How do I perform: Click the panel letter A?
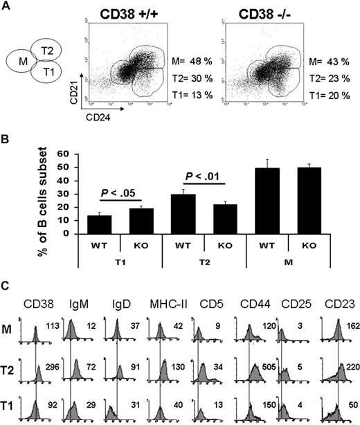click(6, 6)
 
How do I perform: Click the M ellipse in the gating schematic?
click(20, 67)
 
